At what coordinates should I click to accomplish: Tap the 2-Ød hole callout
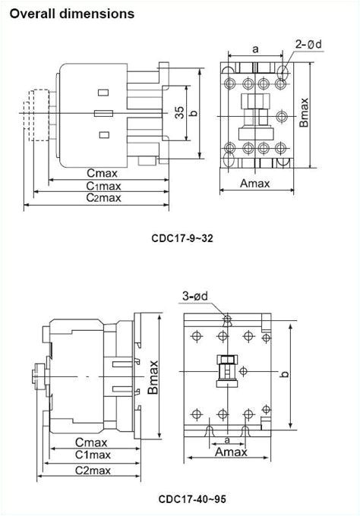[x=309, y=44]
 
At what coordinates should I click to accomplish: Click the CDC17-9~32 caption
[x=182, y=238]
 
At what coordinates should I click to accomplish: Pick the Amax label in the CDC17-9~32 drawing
[x=256, y=183]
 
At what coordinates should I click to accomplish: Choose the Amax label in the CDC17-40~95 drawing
[x=231, y=451]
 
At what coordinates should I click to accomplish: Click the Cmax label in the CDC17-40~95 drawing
[x=90, y=442]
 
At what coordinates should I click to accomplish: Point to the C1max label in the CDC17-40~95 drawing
[x=90, y=455]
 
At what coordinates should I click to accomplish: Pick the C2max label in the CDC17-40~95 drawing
[x=90, y=470]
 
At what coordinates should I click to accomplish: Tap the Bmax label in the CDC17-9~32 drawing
[x=304, y=112]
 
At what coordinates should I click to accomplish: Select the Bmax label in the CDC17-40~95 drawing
[x=153, y=376]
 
